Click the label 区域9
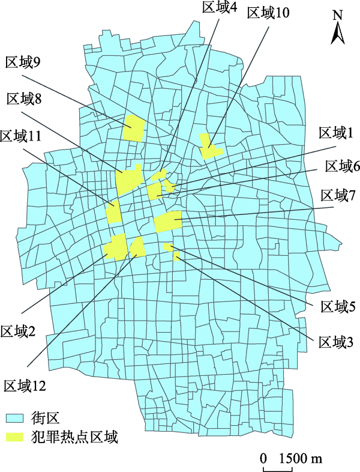[23, 62]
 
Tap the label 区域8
[23, 98]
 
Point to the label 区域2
[18, 331]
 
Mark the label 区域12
[25, 385]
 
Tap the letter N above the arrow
[338, 14]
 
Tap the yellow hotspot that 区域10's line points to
[209, 147]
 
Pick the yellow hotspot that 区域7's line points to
[169, 222]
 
